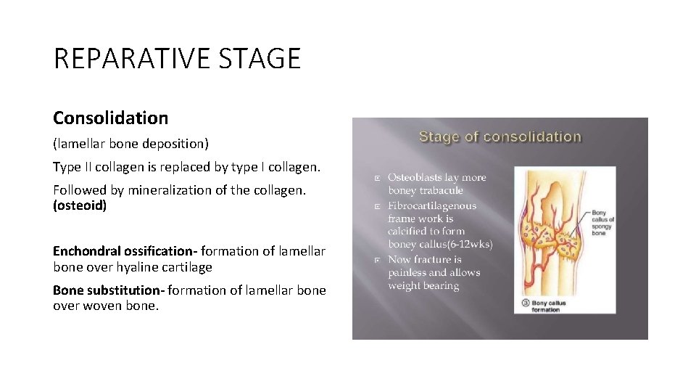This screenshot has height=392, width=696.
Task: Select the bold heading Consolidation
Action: coord(110,118)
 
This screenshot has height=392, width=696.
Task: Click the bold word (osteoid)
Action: coord(80,205)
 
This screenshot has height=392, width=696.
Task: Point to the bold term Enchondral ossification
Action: coord(124,251)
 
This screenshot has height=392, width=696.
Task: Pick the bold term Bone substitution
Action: coord(109,290)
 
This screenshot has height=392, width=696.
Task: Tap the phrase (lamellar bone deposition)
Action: coord(130,144)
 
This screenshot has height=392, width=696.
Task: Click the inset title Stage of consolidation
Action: coord(500,136)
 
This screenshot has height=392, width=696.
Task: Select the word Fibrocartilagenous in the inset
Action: coord(432,205)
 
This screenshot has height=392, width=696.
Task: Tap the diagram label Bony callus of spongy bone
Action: coord(602,220)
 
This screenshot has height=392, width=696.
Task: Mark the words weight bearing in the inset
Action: coord(423,286)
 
